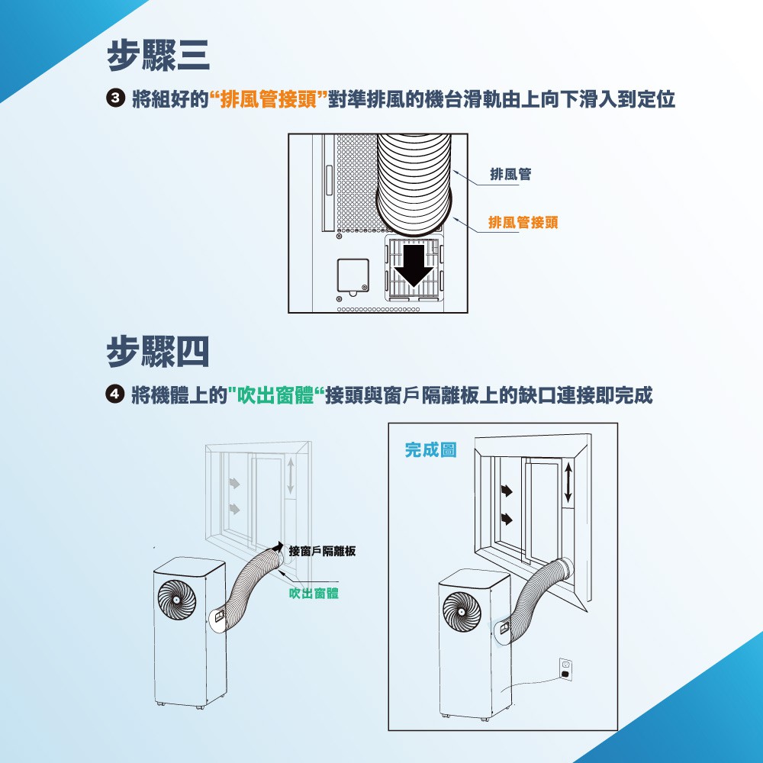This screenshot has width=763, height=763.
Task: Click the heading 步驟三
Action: (158, 56)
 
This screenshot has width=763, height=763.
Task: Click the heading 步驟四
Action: (158, 352)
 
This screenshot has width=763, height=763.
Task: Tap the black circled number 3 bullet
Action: (115, 98)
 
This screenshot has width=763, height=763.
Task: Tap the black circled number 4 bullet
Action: (115, 394)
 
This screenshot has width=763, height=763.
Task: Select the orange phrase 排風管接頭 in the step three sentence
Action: (269, 98)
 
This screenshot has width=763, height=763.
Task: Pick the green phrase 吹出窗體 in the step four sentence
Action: (275, 394)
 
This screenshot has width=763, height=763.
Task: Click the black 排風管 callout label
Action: (510, 174)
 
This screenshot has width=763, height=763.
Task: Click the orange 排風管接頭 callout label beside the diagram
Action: (523, 222)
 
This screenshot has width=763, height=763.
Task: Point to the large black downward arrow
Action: (414, 266)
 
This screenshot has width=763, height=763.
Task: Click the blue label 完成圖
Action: (430, 449)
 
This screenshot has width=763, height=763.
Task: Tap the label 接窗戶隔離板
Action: (322, 551)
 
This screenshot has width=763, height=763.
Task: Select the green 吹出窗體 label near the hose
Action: (314, 593)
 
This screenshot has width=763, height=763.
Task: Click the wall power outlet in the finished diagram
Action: (565, 668)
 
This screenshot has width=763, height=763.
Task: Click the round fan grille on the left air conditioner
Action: (177, 600)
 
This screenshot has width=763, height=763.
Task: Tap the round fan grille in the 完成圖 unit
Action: (462, 612)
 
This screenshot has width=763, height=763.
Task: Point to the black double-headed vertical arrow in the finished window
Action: (568, 482)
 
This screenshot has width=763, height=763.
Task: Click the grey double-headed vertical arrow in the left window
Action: (291, 476)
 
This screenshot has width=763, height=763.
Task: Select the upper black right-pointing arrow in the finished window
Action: (507, 491)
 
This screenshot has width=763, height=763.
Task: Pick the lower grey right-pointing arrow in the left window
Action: (234, 508)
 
